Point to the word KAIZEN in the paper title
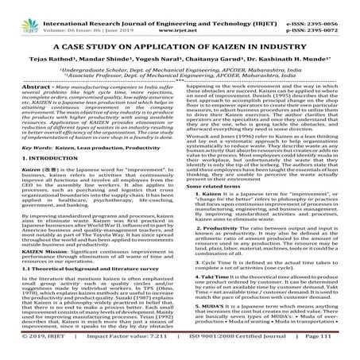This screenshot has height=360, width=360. tap(225, 46)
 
